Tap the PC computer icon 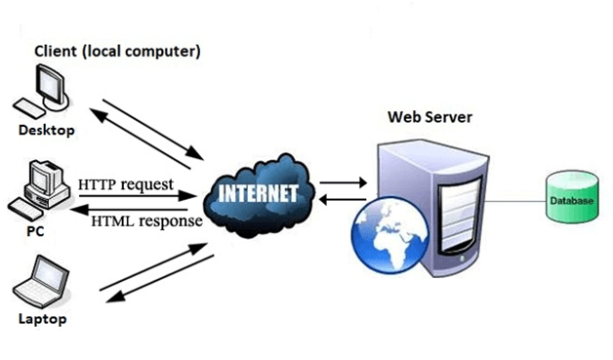(36, 187)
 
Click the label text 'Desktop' (44, 129)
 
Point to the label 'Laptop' (42, 319)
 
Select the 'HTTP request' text (125, 182)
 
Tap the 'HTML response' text (146, 220)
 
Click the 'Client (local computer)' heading (117, 52)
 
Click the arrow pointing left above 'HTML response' (137, 206)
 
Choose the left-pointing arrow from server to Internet (341, 199)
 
